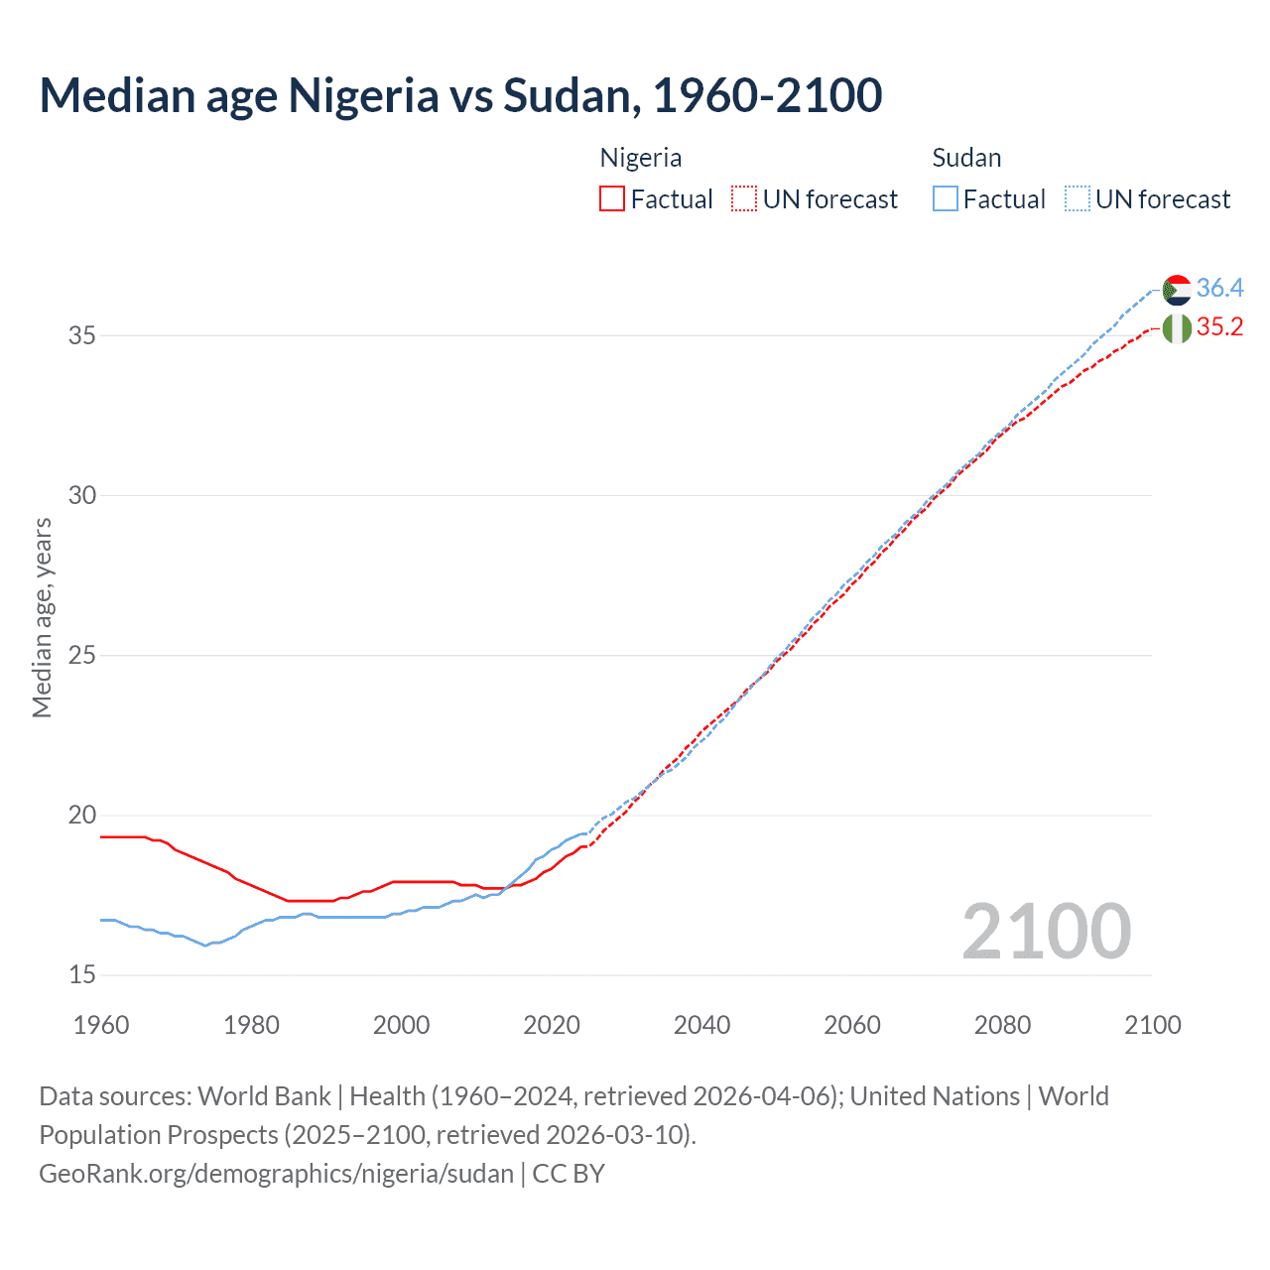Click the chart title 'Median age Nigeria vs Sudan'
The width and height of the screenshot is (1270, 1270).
coord(460,96)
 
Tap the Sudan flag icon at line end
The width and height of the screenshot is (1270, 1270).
coord(1177,290)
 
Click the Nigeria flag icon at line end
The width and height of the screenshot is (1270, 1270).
coord(1177,328)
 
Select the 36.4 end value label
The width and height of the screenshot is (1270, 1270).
coord(1219,289)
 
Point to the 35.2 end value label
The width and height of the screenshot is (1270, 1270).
coord(1219,327)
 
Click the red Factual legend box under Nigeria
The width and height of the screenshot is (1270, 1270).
coord(612,199)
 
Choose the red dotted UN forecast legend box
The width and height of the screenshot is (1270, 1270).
coord(744,199)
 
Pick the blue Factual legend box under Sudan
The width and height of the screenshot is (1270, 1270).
coord(946,199)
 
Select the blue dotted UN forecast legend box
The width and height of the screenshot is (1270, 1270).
coord(1077,199)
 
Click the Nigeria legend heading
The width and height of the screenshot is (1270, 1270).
coord(641,158)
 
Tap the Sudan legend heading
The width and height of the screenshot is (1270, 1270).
coord(966,158)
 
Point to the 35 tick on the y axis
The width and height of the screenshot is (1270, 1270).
coord(82,335)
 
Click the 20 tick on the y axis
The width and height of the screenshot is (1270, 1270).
coord(82,816)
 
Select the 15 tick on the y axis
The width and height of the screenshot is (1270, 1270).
coord(82,975)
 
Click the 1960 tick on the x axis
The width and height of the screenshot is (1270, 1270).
coord(101,1025)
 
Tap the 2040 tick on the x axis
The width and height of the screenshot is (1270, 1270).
coord(701,1025)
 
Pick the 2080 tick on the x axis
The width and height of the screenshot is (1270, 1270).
coord(1002,1025)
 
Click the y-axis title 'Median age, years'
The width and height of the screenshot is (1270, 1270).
coord(42,617)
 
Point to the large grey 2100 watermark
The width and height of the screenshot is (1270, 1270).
coord(1047,932)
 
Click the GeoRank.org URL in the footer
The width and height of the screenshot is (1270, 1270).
coord(276,1174)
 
